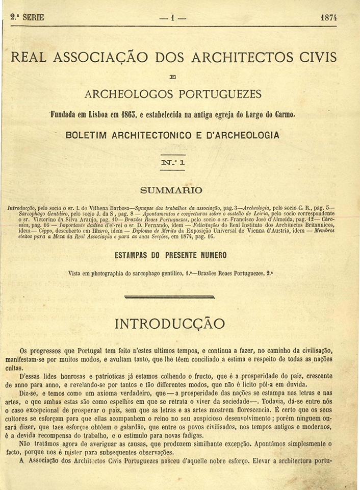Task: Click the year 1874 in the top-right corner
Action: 329,17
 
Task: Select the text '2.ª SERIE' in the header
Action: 28,17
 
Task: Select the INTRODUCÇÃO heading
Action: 170,324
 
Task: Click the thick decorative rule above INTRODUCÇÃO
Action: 170,297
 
